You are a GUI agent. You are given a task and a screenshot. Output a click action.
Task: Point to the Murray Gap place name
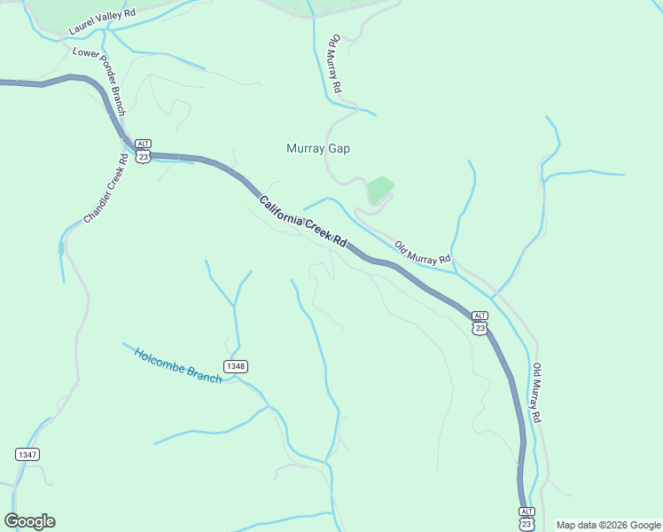[318, 149]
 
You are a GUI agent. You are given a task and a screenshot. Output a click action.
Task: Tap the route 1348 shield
[235, 366]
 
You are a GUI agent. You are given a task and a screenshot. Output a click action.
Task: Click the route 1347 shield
[27, 454]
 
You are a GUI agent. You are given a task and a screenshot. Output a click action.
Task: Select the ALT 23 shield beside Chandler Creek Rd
[144, 150]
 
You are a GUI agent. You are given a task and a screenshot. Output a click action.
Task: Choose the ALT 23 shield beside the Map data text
[526, 518]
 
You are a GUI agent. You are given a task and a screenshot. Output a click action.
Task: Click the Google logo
[29, 521]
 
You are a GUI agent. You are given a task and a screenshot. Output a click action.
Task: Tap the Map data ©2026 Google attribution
[608, 525]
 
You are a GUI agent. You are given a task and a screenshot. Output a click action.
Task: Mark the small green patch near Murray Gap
[379, 189]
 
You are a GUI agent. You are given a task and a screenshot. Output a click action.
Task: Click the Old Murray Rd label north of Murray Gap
[336, 65]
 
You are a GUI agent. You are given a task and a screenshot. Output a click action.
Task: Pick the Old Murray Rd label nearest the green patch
[423, 254]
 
